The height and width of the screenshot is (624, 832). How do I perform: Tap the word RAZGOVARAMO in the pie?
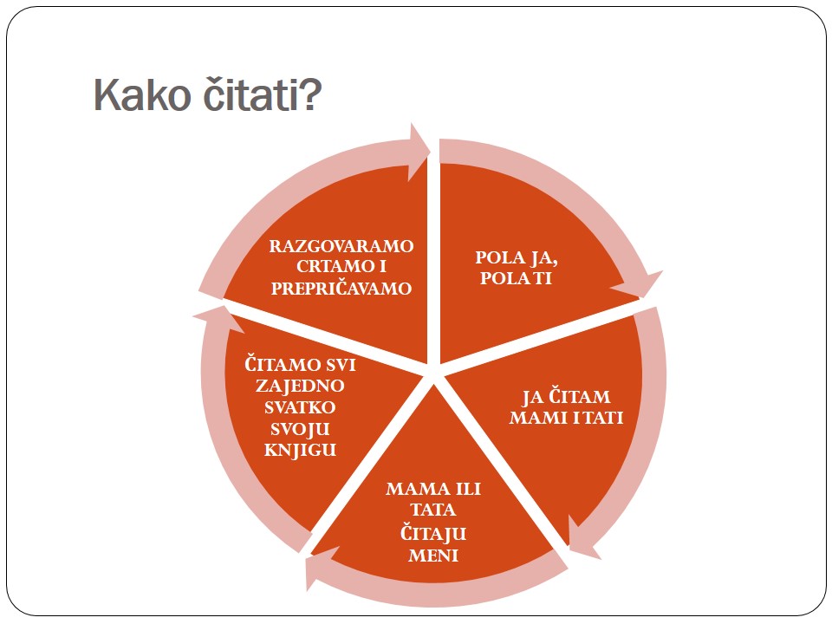341,246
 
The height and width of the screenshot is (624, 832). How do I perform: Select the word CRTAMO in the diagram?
328,266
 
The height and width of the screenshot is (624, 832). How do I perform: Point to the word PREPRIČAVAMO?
341,288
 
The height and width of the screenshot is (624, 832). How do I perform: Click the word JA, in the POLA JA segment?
543,258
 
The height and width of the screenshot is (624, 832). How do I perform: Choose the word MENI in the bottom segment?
433,556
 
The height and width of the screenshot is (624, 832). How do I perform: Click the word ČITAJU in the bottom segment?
433,533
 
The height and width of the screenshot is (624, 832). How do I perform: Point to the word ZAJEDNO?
301,387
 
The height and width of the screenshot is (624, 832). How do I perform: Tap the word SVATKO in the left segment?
301,407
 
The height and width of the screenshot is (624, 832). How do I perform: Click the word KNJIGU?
301,450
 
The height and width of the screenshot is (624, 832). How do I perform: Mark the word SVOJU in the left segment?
301,429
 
